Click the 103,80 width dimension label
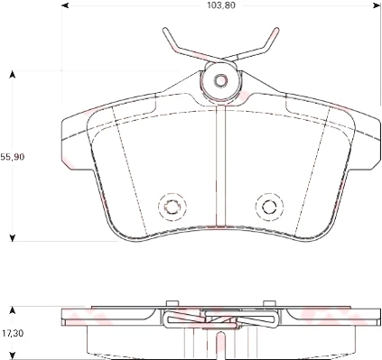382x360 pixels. [218, 5]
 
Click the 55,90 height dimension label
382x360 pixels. [12, 155]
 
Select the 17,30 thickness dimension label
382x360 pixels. [11, 334]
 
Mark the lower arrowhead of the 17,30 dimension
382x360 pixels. [12, 355]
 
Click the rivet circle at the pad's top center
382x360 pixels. [219, 80]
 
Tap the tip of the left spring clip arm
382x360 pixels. [165, 31]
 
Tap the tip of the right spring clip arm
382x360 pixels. [275, 31]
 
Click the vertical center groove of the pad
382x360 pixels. [219, 171]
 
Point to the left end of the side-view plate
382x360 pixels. [62, 316]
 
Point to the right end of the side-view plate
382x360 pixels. [374, 316]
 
